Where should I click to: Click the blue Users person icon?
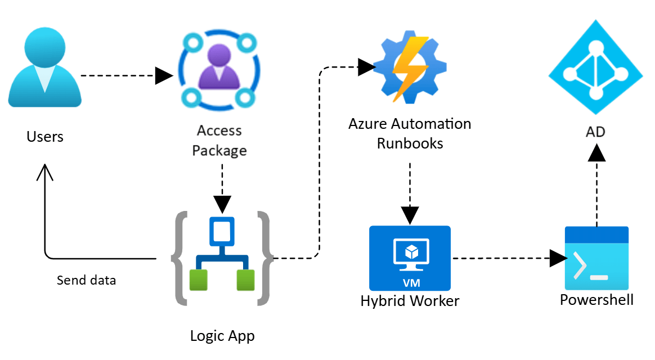(x=45, y=70)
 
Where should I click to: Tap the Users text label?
(x=45, y=137)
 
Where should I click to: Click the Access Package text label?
(x=219, y=141)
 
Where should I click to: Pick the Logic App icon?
(x=222, y=258)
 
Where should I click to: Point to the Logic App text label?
(x=222, y=336)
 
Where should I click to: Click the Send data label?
(x=87, y=280)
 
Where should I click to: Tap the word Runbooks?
(x=410, y=143)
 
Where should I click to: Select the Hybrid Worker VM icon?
(x=410, y=258)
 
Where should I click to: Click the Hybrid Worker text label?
(x=410, y=301)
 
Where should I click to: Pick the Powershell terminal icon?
(x=596, y=258)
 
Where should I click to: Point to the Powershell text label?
(x=596, y=300)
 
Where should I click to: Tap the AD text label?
(x=595, y=132)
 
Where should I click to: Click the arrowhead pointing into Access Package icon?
(x=164, y=75)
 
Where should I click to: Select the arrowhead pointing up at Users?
(x=45, y=172)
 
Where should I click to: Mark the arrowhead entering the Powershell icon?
(x=558, y=259)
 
